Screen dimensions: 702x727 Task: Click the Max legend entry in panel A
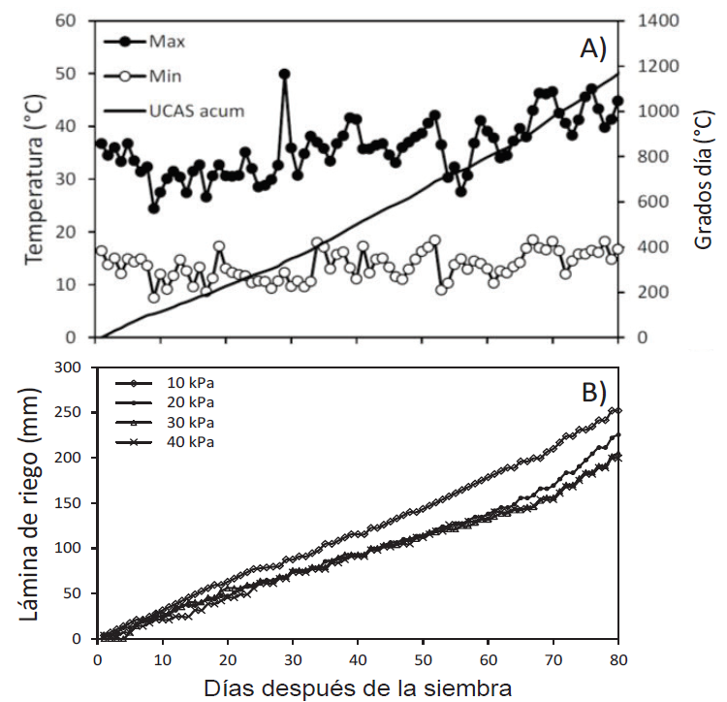167,42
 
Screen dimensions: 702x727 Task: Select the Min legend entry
165,75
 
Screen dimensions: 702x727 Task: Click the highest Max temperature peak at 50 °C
284,74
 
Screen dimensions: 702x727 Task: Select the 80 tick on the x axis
618,659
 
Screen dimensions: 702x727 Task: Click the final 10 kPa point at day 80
617,411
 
